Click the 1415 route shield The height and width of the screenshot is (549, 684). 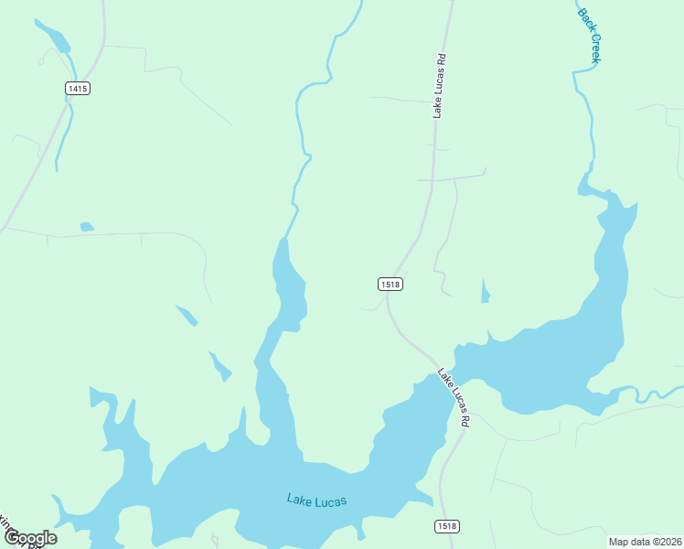pos(77,88)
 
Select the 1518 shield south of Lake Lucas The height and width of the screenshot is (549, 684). pos(445,526)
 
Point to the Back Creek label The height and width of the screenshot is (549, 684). pos(590,36)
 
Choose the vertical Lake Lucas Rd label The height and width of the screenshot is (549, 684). pos(440,86)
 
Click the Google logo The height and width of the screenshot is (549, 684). pos(30,538)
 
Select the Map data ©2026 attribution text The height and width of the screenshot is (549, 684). pos(645,542)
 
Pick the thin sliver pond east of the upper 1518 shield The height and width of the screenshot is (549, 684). pos(485,292)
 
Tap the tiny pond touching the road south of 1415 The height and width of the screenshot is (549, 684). pos(87,226)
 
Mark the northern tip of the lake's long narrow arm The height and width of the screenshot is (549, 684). pos(283,242)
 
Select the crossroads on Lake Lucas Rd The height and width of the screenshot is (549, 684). pos(433,179)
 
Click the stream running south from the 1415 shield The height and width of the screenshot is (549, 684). pos(62,137)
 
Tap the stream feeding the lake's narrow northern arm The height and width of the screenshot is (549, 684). pos(301,137)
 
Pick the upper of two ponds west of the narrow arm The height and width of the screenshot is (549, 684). pos(187,316)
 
